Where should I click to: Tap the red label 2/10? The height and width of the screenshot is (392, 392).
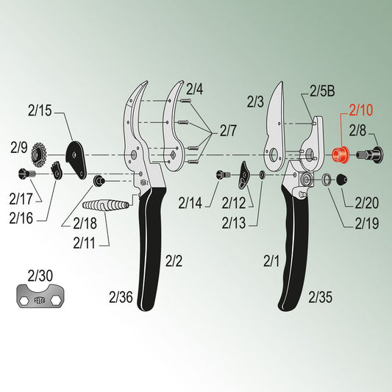click(361, 110)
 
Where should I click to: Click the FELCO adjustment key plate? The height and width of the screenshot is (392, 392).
click(40, 296)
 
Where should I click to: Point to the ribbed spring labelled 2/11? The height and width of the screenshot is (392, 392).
click(106, 205)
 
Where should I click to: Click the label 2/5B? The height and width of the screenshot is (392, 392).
click(322, 91)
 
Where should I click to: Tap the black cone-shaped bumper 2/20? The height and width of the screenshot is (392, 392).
click(341, 179)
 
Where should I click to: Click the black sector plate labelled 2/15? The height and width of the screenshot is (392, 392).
click(76, 160)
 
